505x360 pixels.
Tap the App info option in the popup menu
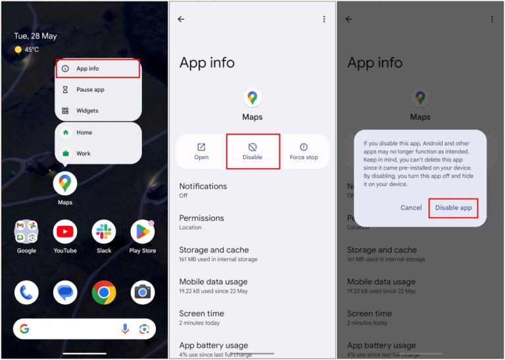point(97,68)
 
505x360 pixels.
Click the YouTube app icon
point(65,232)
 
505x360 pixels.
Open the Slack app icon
point(104,232)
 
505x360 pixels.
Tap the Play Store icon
point(143,232)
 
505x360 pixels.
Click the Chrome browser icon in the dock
point(104,292)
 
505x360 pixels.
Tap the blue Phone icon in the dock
point(26,292)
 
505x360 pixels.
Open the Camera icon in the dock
point(143,292)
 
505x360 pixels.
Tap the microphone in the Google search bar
point(125,329)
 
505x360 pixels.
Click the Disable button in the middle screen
point(252,151)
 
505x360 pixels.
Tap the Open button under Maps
point(201,151)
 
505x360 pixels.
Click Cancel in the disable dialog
point(411,208)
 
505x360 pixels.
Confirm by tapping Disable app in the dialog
point(453,208)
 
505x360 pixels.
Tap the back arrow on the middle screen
point(181,19)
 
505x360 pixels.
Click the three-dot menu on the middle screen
point(324,19)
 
